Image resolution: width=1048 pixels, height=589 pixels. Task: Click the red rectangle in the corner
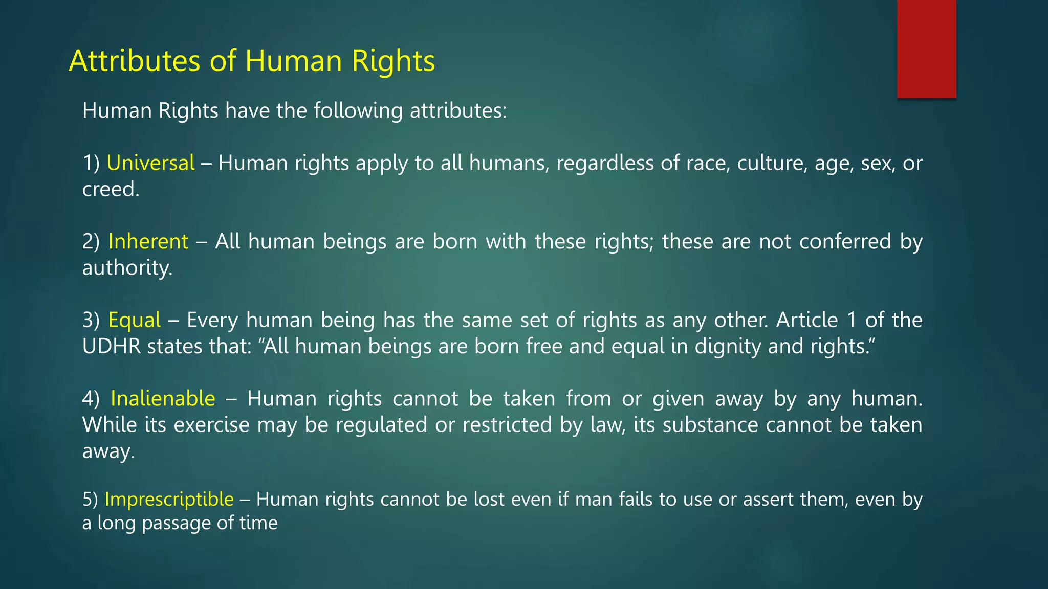(x=926, y=49)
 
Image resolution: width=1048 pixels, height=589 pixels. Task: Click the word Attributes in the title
(x=134, y=61)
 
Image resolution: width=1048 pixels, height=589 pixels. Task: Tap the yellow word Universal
(x=150, y=163)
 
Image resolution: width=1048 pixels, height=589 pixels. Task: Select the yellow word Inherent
(x=148, y=241)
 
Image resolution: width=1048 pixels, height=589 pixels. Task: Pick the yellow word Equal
(x=134, y=320)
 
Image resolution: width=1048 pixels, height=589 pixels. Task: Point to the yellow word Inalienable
(x=163, y=398)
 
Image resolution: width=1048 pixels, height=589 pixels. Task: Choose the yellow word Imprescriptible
(x=169, y=499)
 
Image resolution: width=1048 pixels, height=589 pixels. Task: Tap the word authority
(x=126, y=268)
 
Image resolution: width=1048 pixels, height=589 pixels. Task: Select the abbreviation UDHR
(x=111, y=347)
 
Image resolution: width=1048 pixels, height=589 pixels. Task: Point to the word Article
(x=806, y=320)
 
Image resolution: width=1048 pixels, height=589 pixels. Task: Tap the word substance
(x=710, y=425)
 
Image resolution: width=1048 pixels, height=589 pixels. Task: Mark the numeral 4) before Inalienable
(x=91, y=398)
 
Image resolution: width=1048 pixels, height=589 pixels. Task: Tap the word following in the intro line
(x=358, y=111)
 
